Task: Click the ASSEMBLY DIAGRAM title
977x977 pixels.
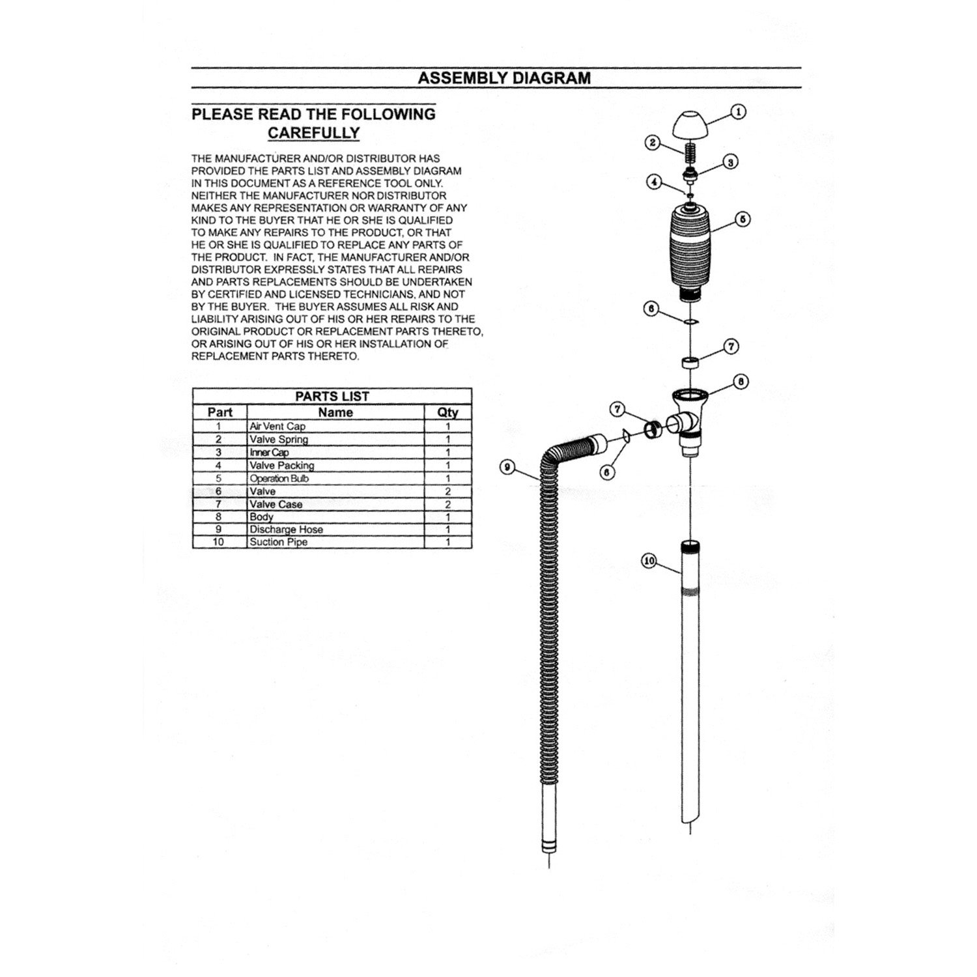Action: coord(504,78)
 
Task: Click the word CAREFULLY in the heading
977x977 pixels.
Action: coord(314,133)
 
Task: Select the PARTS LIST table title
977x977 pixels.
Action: coord(332,396)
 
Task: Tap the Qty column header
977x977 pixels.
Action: coord(447,412)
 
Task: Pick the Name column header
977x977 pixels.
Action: coord(335,412)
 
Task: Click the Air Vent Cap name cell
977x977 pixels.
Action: coord(277,427)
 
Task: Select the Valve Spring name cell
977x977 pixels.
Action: coord(279,440)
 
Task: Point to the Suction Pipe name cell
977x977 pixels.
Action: coord(279,542)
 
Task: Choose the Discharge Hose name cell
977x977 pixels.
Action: coord(286,530)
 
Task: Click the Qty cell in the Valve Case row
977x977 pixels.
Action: coord(447,504)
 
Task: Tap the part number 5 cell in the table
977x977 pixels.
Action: coord(219,479)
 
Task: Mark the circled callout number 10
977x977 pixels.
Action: coord(649,561)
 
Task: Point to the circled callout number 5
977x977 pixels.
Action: coord(743,219)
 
